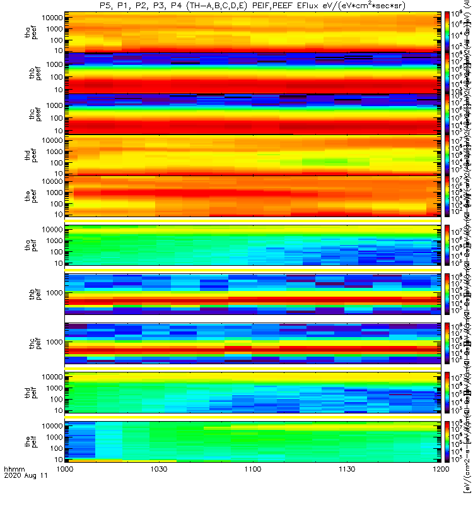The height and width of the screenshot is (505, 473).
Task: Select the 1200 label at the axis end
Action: pos(440,487)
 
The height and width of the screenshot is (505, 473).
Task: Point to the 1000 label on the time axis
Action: pos(66,487)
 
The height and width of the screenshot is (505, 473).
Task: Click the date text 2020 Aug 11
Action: pos(25,494)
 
